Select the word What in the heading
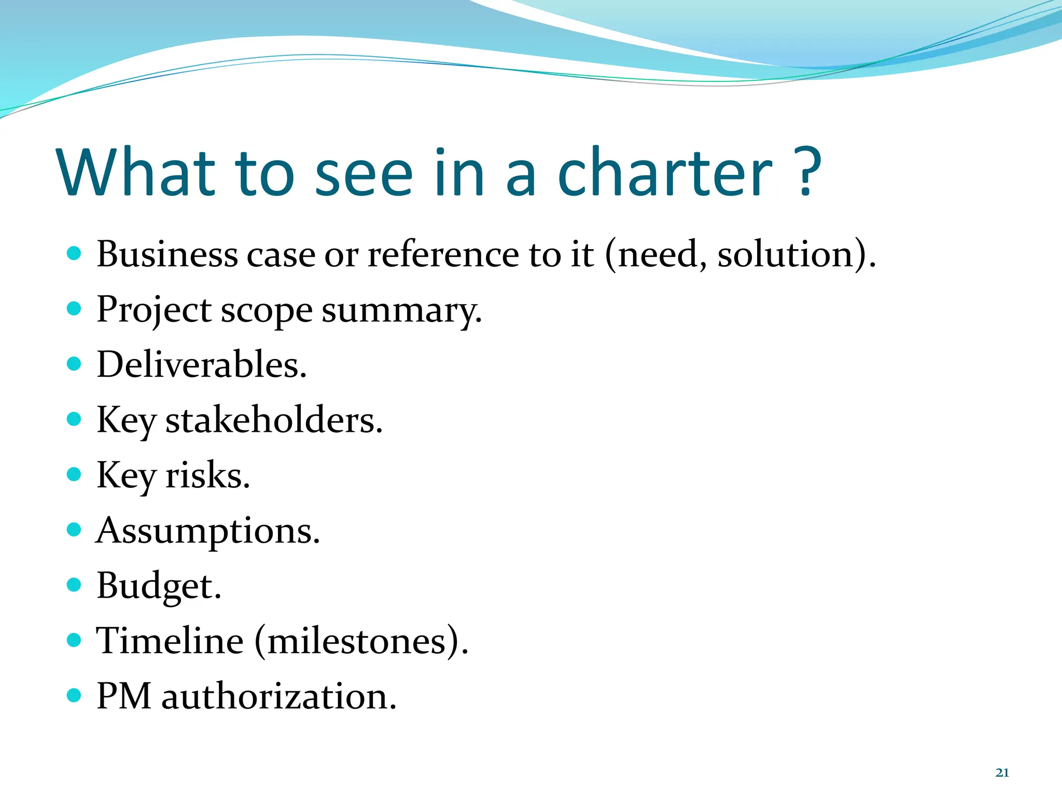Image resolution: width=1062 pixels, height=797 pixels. (x=136, y=173)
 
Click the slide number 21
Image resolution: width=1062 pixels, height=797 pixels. (x=1002, y=773)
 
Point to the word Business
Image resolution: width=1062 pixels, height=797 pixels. (x=167, y=254)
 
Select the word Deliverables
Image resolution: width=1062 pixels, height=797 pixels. (x=202, y=364)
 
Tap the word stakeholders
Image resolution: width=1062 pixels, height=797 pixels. (x=274, y=420)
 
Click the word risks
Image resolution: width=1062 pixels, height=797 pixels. (x=207, y=475)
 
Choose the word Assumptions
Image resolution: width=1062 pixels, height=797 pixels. (x=208, y=531)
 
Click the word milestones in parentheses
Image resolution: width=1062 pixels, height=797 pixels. (x=357, y=641)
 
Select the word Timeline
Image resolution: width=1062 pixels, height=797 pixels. (x=170, y=641)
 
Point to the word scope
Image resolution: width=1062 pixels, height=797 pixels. (x=267, y=310)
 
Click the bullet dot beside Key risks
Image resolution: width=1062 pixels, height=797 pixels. (x=74, y=474)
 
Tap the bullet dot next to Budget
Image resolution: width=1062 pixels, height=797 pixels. (x=74, y=585)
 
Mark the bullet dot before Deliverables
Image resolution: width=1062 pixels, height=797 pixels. (x=74, y=364)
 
